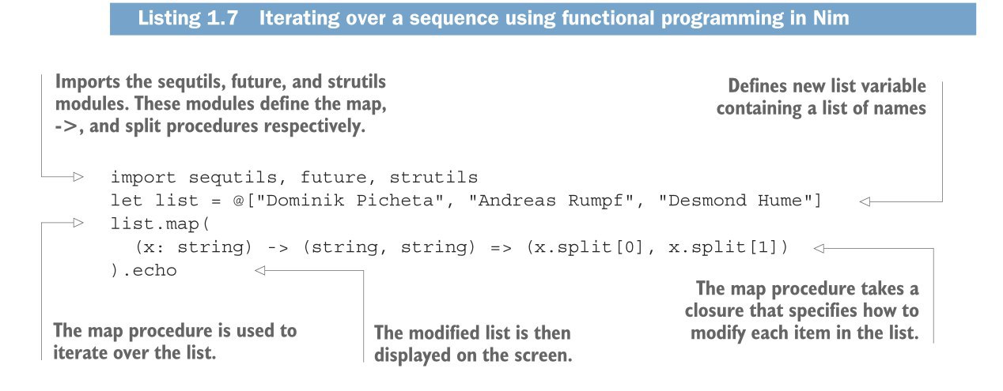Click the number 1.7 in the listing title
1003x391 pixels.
click(222, 18)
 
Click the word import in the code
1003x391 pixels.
click(143, 178)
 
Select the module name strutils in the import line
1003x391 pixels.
click(433, 178)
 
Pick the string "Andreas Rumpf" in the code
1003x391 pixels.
click(551, 201)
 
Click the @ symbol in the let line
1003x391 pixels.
click(238, 201)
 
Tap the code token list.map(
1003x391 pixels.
click(160, 224)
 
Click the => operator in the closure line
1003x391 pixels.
click(501, 247)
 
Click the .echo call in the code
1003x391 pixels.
click(150, 270)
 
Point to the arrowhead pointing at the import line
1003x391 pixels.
click(78, 177)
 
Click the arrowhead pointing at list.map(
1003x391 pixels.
click(78, 222)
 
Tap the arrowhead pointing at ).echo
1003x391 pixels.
click(260, 270)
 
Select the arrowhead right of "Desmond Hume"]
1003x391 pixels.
click(865, 201)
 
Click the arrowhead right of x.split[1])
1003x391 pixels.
click(819, 248)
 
